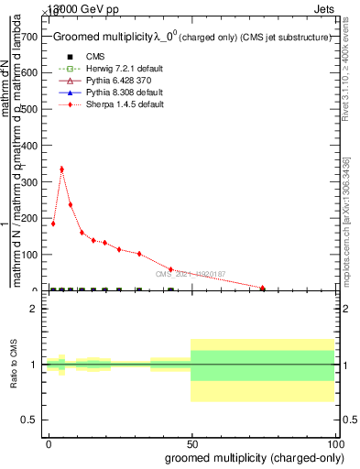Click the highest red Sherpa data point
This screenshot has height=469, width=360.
tap(61, 169)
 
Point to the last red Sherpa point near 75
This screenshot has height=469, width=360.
tap(263, 289)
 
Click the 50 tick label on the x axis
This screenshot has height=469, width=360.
tap(192, 443)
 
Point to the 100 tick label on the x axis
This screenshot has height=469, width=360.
tap(335, 443)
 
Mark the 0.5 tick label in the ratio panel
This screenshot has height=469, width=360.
tap(29, 420)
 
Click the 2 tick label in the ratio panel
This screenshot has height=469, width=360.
tap(33, 309)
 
